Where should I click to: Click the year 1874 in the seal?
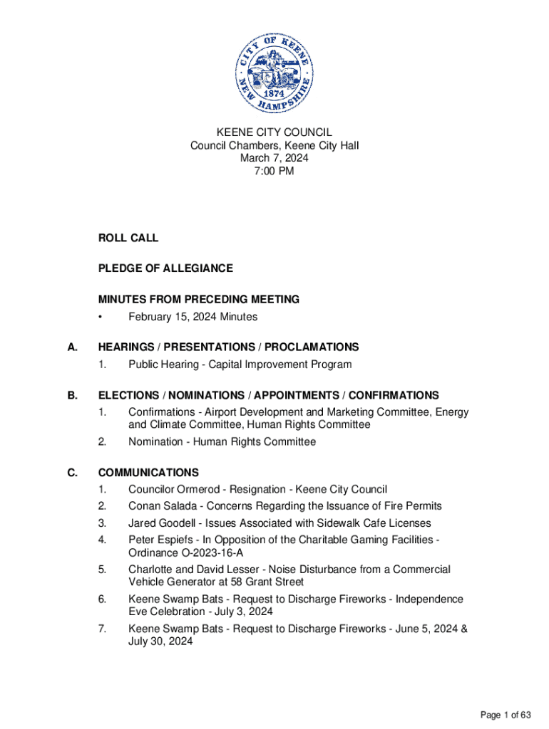(x=275, y=93)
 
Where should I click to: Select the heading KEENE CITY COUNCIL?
(x=274, y=132)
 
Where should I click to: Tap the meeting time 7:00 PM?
(x=274, y=171)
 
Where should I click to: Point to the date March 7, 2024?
(x=274, y=158)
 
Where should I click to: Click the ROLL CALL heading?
(x=128, y=238)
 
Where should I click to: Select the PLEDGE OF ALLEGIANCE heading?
(x=165, y=268)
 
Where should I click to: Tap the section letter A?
(x=71, y=347)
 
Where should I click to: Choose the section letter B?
(x=71, y=395)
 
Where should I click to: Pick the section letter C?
(x=71, y=473)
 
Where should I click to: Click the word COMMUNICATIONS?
(x=148, y=473)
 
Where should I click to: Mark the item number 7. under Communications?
(x=103, y=629)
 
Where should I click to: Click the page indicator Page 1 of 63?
(x=506, y=715)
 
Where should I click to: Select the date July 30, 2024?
(x=160, y=641)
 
